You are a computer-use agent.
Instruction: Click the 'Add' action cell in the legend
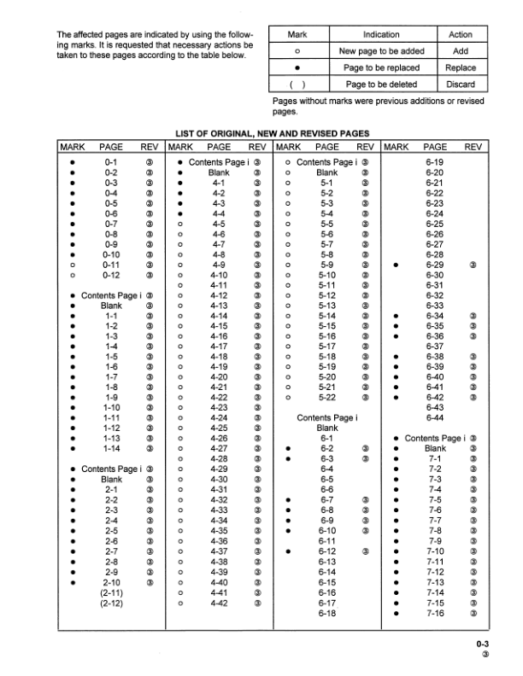pyautogui.click(x=461, y=51)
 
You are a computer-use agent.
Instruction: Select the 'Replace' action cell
pyautogui.click(x=461, y=67)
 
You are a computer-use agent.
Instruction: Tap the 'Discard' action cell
pyautogui.click(x=461, y=84)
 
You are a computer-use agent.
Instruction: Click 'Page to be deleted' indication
pyautogui.click(x=381, y=84)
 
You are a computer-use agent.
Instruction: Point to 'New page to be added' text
pyautogui.click(x=381, y=51)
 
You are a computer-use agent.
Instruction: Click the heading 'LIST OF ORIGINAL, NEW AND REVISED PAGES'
pyautogui.click(x=272, y=133)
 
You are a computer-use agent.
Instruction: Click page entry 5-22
pyautogui.click(x=326, y=397)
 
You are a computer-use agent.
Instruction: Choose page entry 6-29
pyautogui.click(x=434, y=265)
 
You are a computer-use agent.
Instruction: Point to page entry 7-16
pyautogui.click(x=434, y=613)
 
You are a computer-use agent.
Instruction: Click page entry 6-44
pyautogui.click(x=434, y=418)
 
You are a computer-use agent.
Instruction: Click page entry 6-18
pyautogui.click(x=326, y=613)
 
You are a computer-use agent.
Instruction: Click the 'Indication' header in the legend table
pyautogui.click(x=381, y=35)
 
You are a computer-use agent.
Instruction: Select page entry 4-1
pyautogui.click(x=219, y=183)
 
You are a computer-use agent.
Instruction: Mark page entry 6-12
pyautogui.click(x=326, y=551)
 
